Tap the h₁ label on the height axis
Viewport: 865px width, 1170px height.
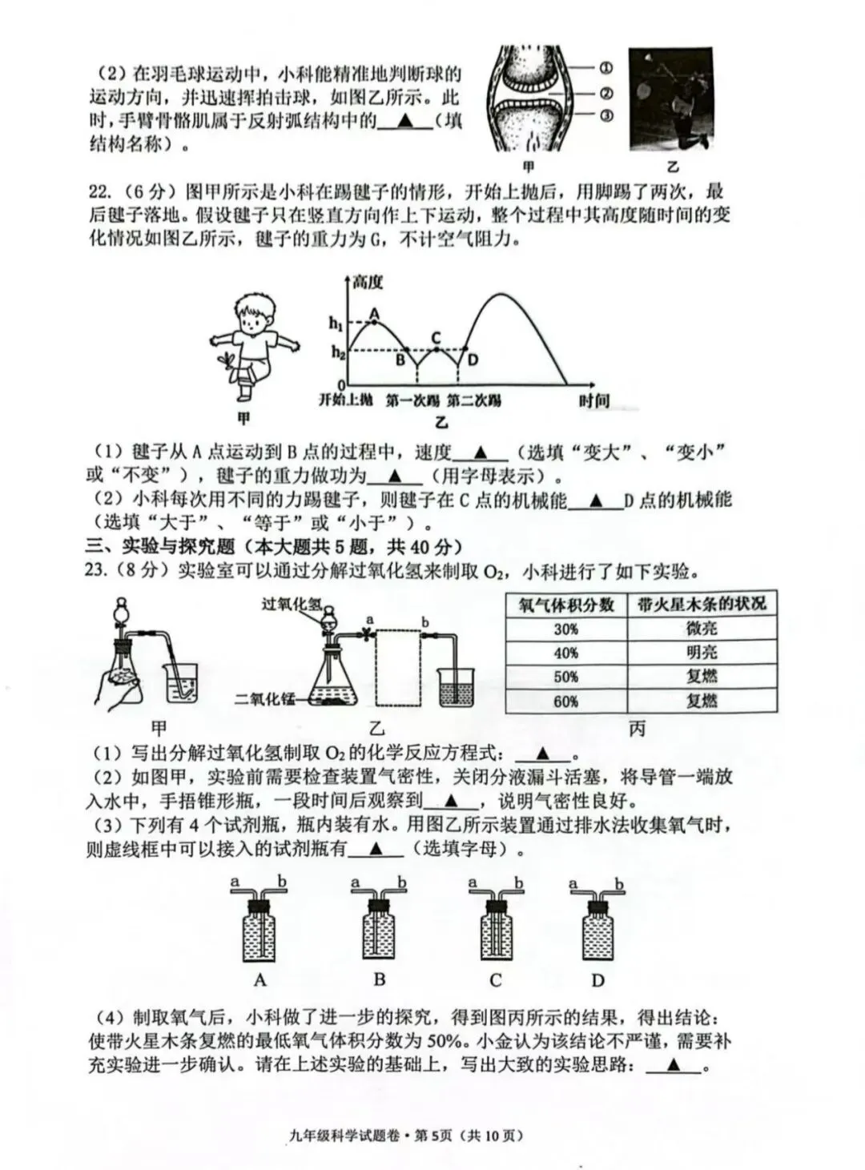(x=336, y=324)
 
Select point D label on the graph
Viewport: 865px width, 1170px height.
(x=473, y=360)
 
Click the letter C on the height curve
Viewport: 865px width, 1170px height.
(x=437, y=337)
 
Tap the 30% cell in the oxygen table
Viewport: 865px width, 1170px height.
(x=566, y=629)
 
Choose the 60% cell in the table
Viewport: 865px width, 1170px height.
(x=566, y=702)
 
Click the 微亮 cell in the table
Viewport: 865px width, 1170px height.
(x=702, y=629)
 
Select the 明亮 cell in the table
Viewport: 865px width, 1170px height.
(x=702, y=653)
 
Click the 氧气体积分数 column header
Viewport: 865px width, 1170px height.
(x=566, y=605)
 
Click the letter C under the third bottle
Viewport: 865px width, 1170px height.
(x=495, y=980)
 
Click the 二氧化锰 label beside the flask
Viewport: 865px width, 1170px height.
(x=264, y=698)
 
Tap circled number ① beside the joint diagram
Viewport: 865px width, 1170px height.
(x=605, y=68)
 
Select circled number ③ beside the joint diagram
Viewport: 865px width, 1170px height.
(x=605, y=116)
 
